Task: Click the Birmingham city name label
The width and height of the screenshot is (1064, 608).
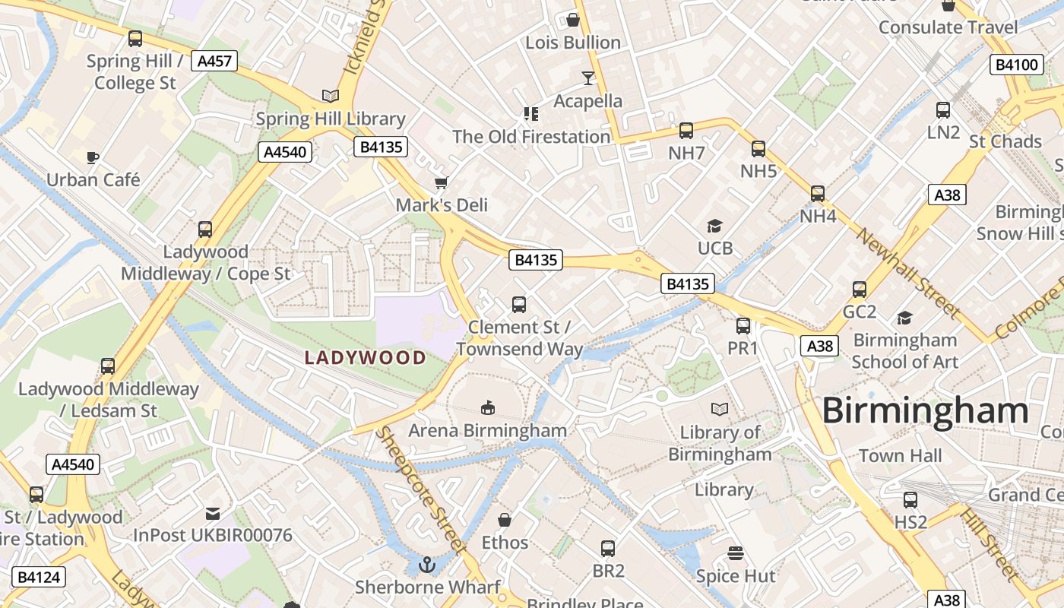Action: tap(925, 411)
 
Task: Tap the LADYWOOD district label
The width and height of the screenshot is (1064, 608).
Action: tap(366, 358)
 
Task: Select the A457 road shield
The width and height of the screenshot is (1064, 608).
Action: tap(214, 62)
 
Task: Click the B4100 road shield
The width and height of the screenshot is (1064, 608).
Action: tap(1016, 65)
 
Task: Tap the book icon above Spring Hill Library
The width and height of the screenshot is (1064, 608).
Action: tap(330, 96)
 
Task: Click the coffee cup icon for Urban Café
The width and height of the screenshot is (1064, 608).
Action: tap(93, 158)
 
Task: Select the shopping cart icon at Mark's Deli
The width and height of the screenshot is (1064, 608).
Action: tap(441, 183)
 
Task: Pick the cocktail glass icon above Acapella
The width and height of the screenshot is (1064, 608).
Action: tap(587, 78)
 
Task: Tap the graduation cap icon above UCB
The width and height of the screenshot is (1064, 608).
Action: tap(714, 226)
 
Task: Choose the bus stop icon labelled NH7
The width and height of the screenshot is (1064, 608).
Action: tap(686, 131)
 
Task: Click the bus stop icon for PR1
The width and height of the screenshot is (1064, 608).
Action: tap(743, 326)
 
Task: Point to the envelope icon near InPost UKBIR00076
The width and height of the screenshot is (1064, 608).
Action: tap(213, 514)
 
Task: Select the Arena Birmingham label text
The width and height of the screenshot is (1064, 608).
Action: tap(487, 431)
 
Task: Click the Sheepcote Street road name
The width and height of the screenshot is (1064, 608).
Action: tap(423, 490)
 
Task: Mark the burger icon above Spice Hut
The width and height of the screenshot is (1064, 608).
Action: tap(735, 553)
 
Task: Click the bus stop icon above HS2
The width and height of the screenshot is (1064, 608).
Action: tap(910, 500)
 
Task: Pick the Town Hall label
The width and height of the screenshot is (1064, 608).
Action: tap(900, 456)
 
